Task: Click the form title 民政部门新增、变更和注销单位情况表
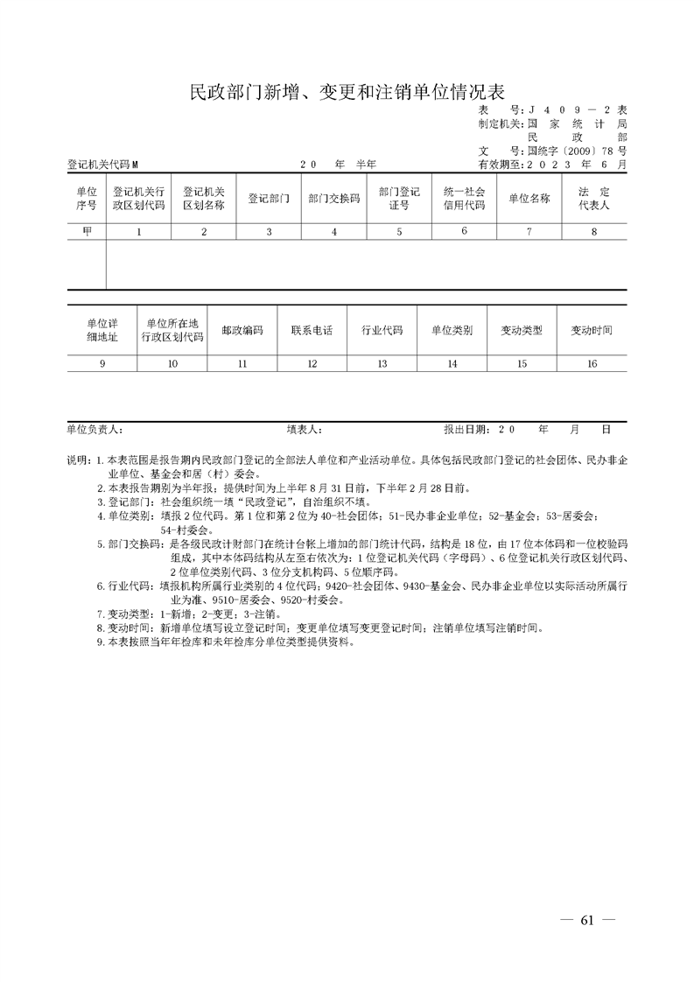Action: click(347, 93)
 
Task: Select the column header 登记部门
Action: click(269, 199)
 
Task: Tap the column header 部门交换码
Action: click(334, 199)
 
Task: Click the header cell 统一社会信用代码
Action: click(464, 199)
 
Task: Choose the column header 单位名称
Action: click(529, 199)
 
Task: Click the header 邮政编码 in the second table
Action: click(242, 331)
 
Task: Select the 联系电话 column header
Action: click(312, 331)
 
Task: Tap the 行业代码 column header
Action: click(382, 331)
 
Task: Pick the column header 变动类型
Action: click(522, 331)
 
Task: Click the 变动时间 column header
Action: click(592, 331)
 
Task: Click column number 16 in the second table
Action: click(592, 363)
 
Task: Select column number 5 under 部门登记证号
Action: click(399, 231)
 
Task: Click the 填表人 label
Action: click(305, 430)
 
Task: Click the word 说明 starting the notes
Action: click(78, 459)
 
